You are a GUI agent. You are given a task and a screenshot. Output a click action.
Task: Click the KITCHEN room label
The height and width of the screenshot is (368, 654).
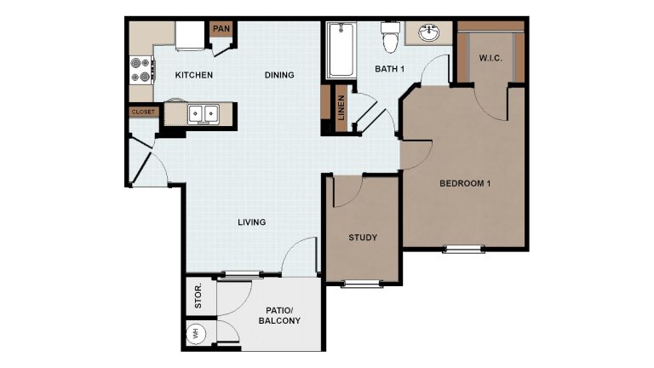tap(194, 75)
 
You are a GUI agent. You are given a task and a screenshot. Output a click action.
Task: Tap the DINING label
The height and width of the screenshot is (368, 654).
tap(279, 75)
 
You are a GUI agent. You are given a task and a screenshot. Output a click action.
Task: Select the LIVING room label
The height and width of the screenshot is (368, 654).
tap(252, 222)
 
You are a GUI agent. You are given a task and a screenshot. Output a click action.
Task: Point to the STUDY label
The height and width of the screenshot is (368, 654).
tap(363, 238)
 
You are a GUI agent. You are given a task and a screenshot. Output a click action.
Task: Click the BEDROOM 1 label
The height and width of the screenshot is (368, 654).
tap(465, 183)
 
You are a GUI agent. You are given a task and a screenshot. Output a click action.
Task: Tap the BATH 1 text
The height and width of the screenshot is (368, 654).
tap(389, 69)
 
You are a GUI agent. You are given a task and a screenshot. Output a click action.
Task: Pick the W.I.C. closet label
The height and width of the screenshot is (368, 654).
tap(490, 58)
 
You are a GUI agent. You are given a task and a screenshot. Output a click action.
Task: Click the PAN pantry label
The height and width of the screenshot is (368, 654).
tap(221, 29)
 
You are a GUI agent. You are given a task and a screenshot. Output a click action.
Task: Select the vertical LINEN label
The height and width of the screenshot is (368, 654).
tap(341, 107)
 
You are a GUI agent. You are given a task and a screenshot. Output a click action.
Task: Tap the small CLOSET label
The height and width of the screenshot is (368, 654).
tap(143, 112)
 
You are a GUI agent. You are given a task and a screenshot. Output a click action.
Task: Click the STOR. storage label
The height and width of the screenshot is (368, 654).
tap(198, 296)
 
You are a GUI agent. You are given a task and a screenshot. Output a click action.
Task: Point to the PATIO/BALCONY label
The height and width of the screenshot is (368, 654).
tap(279, 316)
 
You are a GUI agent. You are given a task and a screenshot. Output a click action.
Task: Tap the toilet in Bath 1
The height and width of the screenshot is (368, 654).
tap(390, 37)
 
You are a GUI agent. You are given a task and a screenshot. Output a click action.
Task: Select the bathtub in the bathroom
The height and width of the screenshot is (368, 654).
tap(341, 50)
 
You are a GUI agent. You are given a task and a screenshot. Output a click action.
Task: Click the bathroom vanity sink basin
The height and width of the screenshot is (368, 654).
tap(429, 33)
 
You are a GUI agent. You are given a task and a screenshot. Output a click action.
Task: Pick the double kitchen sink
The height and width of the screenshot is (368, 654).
tap(204, 113)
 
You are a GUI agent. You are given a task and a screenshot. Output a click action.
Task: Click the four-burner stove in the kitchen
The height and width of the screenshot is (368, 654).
tap(141, 70)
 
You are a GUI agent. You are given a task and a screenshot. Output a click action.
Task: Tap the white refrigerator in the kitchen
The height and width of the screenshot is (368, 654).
tap(190, 36)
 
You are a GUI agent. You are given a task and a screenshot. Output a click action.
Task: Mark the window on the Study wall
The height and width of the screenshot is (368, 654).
tap(363, 284)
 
